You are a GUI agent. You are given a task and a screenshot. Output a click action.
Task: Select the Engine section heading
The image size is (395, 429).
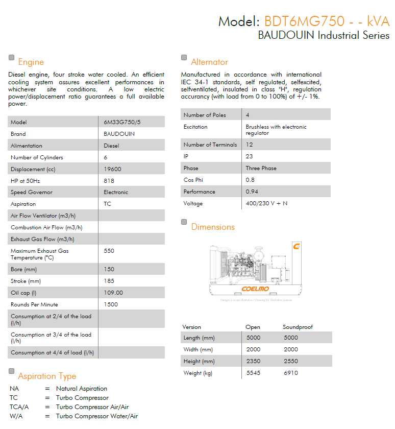(x=31, y=62)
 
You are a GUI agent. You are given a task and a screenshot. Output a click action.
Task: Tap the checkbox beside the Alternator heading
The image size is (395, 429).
(x=184, y=58)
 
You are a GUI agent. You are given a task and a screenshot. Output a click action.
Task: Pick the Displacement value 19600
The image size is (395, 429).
(x=112, y=169)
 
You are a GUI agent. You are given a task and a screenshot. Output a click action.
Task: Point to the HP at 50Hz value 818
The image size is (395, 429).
(x=109, y=181)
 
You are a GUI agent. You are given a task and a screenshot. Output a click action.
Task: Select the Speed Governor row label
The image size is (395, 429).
(x=32, y=193)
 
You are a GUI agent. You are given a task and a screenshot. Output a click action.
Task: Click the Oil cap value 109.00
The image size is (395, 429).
(x=113, y=293)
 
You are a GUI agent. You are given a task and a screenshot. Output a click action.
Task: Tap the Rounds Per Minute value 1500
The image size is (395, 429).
(x=111, y=304)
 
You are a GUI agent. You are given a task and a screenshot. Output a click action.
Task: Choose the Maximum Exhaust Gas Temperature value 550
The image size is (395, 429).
(x=109, y=251)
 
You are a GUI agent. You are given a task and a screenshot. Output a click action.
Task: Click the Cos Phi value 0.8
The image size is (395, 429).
(x=250, y=180)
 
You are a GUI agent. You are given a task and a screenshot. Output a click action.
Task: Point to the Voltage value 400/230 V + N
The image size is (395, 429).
(x=266, y=203)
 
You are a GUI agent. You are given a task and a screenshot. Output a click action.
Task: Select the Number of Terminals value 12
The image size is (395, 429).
(x=249, y=145)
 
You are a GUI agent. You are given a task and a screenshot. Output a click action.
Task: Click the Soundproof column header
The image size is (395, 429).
(x=298, y=327)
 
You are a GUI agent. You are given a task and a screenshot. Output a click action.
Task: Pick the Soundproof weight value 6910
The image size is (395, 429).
(x=291, y=373)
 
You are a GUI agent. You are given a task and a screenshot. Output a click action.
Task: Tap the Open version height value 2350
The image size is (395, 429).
(x=253, y=361)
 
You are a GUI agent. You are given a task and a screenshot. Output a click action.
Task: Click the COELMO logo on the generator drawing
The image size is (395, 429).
(x=255, y=289)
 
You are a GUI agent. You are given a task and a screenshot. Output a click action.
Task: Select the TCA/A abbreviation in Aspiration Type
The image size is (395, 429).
(x=19, y=407)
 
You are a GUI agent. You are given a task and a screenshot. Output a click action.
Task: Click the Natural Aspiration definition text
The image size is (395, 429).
(x=82, y=389)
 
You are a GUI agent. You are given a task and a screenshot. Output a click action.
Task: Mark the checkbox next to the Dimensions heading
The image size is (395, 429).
(x=184, y=222)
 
